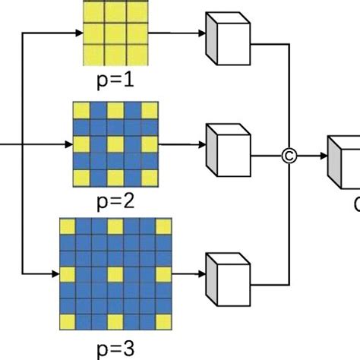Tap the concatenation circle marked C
coord(289,157)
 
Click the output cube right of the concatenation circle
coord(343,161)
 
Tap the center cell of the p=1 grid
coord(115,33)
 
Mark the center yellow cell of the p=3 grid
coord(115,273)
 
